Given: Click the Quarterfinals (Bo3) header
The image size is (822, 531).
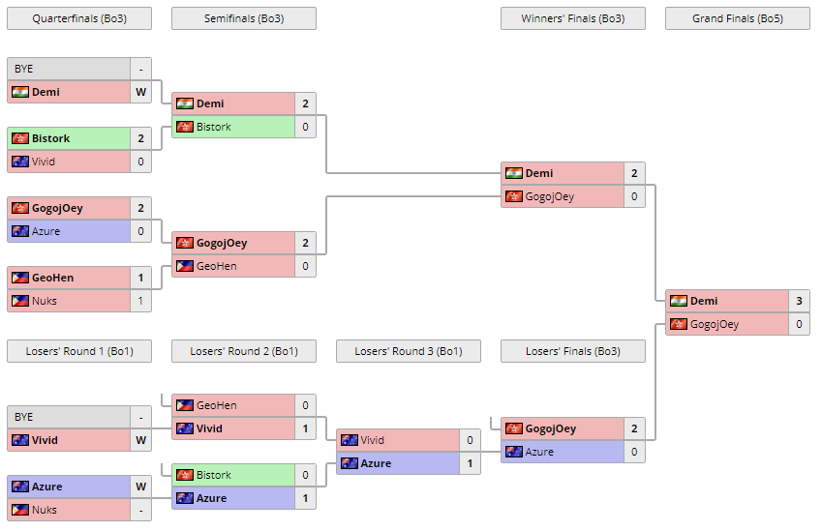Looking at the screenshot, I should point(78,18).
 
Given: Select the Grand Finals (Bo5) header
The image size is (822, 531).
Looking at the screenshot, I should point(737,18).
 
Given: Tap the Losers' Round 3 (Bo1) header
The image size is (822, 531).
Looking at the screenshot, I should point(408,351).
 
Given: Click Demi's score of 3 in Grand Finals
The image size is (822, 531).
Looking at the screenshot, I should point(799,301).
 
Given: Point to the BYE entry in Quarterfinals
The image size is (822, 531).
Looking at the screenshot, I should point(68,69).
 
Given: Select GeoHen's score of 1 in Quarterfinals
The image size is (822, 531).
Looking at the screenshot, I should point(140,278).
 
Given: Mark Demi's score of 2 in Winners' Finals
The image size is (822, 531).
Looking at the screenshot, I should point(634,173).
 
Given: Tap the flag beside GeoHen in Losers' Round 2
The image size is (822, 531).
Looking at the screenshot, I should point(184,405).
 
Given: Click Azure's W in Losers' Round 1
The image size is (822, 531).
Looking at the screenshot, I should point(140,487).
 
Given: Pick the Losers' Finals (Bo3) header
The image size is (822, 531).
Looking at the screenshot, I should point(572,351).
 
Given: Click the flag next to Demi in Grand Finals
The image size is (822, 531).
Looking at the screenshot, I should point(678,301).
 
